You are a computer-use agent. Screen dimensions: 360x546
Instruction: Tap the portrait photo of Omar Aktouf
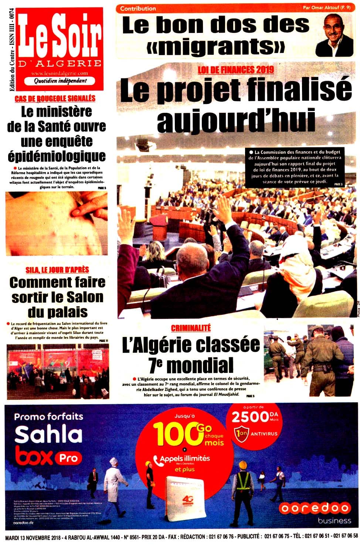[334, 36]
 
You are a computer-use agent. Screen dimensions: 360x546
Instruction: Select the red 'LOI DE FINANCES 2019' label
[235, 69]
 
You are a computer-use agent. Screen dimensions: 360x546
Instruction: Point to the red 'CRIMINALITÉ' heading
[191, 328]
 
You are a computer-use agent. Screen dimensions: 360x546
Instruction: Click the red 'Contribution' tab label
[138, 9]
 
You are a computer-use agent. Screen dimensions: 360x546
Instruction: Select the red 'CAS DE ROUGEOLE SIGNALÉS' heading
[55, 98]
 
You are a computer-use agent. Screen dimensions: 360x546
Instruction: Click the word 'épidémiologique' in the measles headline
[57, 156]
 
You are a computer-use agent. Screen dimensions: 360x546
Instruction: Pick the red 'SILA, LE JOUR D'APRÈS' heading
[57, 270]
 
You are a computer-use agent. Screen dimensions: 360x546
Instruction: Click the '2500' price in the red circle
[250, 417]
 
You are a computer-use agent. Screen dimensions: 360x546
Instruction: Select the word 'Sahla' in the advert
[48, 435]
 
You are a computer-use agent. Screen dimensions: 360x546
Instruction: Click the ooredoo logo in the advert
[315, 508]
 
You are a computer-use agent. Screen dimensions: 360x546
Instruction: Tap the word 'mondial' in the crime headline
[200, 365]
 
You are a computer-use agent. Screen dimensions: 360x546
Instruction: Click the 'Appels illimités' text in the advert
[184, 459]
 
